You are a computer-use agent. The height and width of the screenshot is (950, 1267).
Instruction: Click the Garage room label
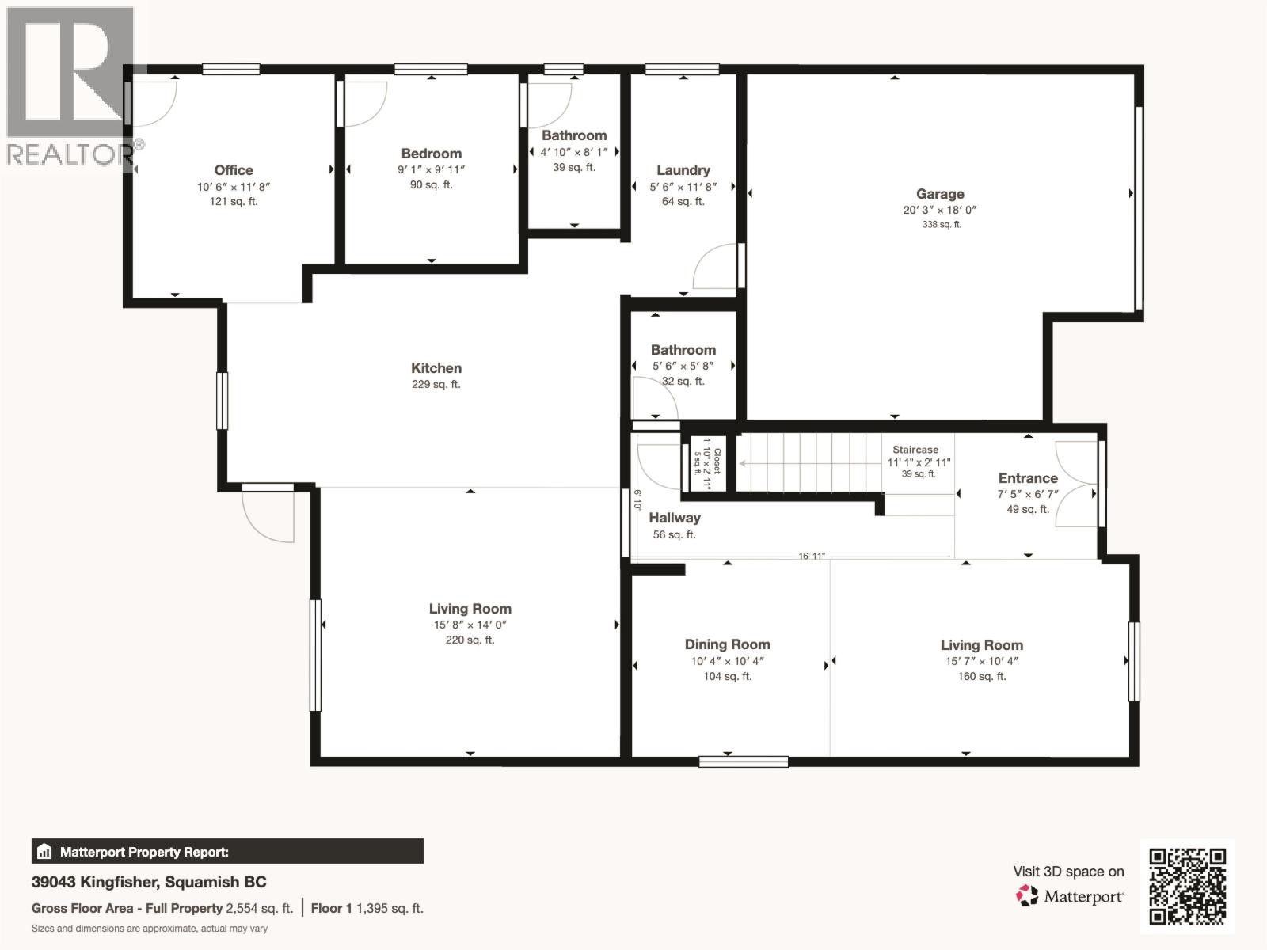click(x=940, y=194)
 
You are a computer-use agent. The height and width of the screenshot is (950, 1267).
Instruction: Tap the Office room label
click(x=234, y=170)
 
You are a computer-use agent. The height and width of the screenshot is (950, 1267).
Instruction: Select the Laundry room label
click(x=683, y=170)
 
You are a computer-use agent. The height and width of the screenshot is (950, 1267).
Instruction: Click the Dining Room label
click(x=727, y=644)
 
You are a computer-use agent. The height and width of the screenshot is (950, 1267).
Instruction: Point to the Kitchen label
click(x=436, y=368)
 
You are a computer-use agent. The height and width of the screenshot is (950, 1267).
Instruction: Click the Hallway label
click(x=675, y=518)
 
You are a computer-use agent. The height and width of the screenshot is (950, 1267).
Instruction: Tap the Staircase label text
click(x=915, y=450)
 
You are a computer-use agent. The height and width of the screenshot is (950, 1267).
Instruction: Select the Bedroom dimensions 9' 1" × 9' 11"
click(x=431, y=169)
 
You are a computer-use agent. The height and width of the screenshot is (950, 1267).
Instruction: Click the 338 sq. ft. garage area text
click(x=941, y=225)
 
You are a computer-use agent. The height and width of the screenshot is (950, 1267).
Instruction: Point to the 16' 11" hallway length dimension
click(x=812, y=556)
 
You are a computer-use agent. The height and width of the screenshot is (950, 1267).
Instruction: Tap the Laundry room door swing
click(x=715, y=268)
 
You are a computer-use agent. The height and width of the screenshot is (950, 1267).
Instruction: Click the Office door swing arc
click(x=154, y=103)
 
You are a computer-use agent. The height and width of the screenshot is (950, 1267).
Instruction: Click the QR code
click(x=1187, y=886)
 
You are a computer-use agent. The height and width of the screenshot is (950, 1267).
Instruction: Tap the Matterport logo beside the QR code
click(x=1070, y=896)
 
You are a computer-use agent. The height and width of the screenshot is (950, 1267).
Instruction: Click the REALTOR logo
click(x=71, y=87)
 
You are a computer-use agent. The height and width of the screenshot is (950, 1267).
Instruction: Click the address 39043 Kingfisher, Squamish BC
click(x=149, y=882)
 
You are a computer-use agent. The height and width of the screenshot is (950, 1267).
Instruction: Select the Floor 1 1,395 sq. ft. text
click(x=367, y=908)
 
